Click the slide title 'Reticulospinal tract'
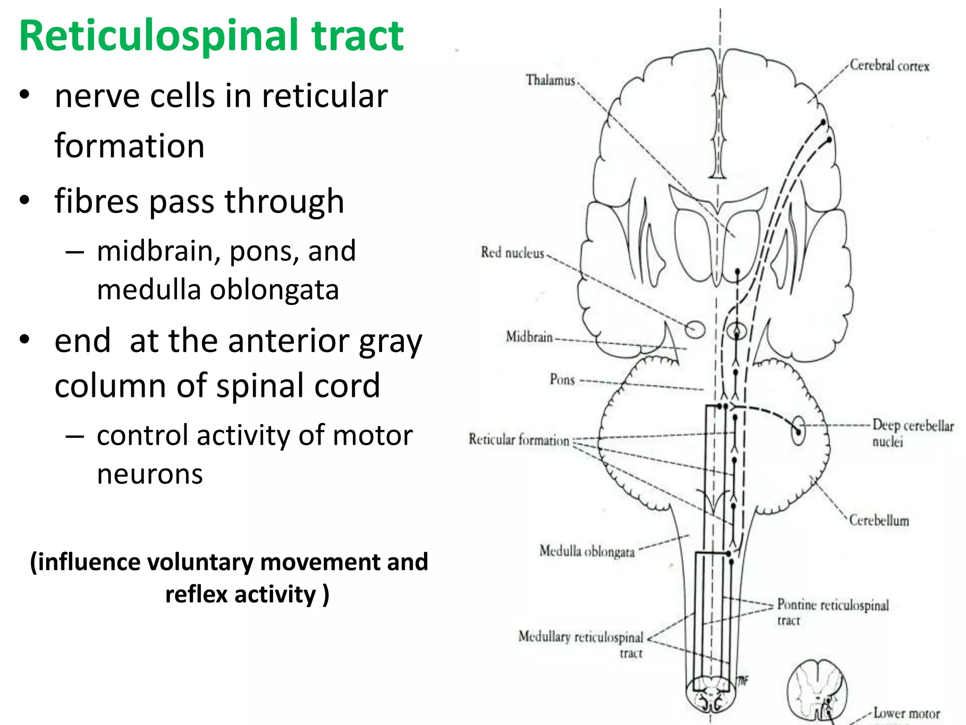pyautogui.click(x=211, y=36)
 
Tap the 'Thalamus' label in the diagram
pyautogui.click(x=550, y=80)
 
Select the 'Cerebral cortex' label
pyautogui.click(x=889, y=66)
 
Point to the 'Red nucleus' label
pyautogui.click(x=512, y=253)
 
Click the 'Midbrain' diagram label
pyautogui.click(x=529, y=337)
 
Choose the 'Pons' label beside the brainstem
pyautogui.click(x=562, y=379)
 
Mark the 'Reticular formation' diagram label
pyautogui.click(x=518, y=439)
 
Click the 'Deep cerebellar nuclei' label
pyautogui.click(x=912, y=432)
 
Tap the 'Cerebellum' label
pyautogui.click(x=879, y=520)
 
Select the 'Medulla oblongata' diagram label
pyautogui.click(x=587, y=551)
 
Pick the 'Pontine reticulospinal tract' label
pyautogui.click(x=833, y=611)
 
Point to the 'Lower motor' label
pyautogui.click(x=906, y=713)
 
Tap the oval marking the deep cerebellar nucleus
pyautogui.click(x=798, y=430)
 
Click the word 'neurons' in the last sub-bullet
pyautogui.click(x=150, y=474)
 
